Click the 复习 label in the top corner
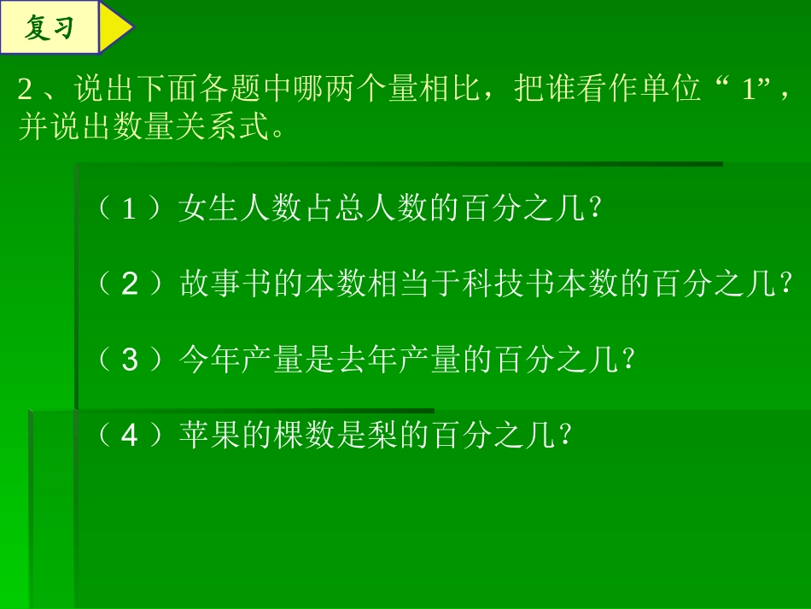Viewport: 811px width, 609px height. [x=49, y=28]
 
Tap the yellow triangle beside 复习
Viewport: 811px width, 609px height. [x=114, y=28]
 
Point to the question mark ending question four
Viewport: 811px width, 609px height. [x=563, y=436]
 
